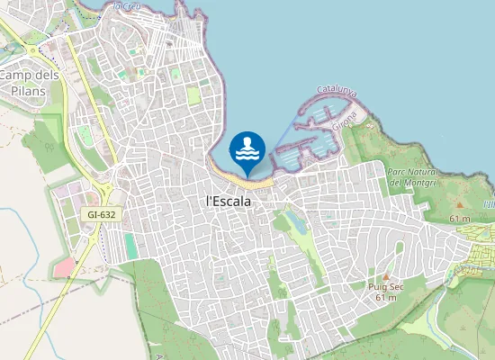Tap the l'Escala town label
[x=229, y=202]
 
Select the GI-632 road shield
[x=102, y=215]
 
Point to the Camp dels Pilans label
[x=29, y=84]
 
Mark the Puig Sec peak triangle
[x=385, y=276]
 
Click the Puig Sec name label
[x=385, y=286]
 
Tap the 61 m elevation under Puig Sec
[x=385, y=297]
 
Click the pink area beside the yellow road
[x=64, y=266]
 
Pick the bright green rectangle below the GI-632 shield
[x=131, y=245]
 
